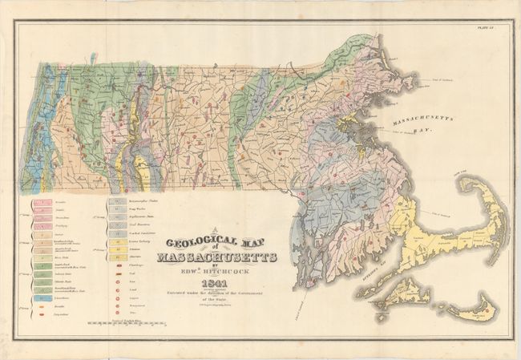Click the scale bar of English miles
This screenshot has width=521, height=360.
[129, 326]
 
